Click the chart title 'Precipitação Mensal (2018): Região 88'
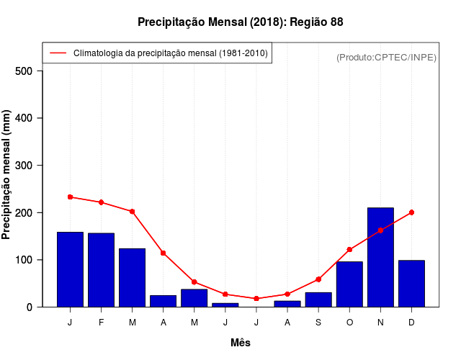click(241, 22)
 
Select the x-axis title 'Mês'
click(241, 343)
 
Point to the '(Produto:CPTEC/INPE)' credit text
click(386, 57)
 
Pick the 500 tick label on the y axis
click(24, 71)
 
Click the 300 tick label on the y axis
click(24, 165)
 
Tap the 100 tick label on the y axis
click(24, 260)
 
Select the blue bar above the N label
click(380, 258)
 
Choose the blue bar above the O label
click(349, 284)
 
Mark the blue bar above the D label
click(411, 284)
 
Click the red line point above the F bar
click(101, 202)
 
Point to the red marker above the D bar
click(411, 212)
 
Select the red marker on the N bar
click(380, 230)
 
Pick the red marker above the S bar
click(318, 279)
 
